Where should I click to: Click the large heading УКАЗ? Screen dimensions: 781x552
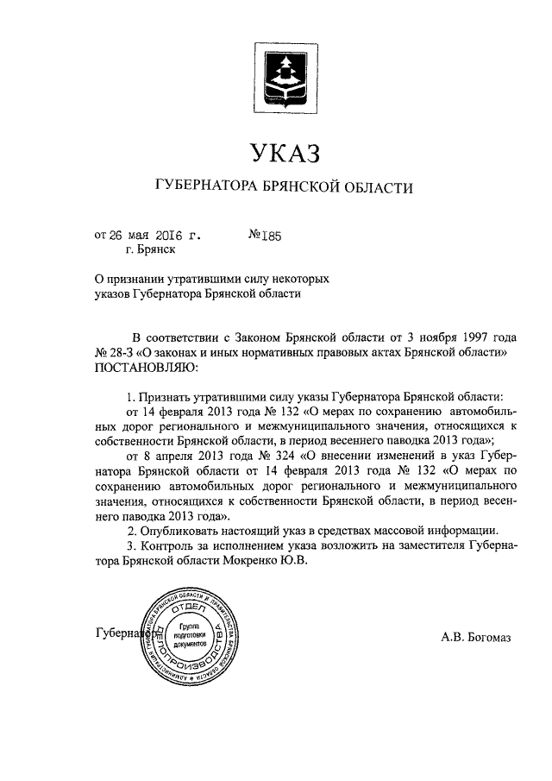point(285,153)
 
